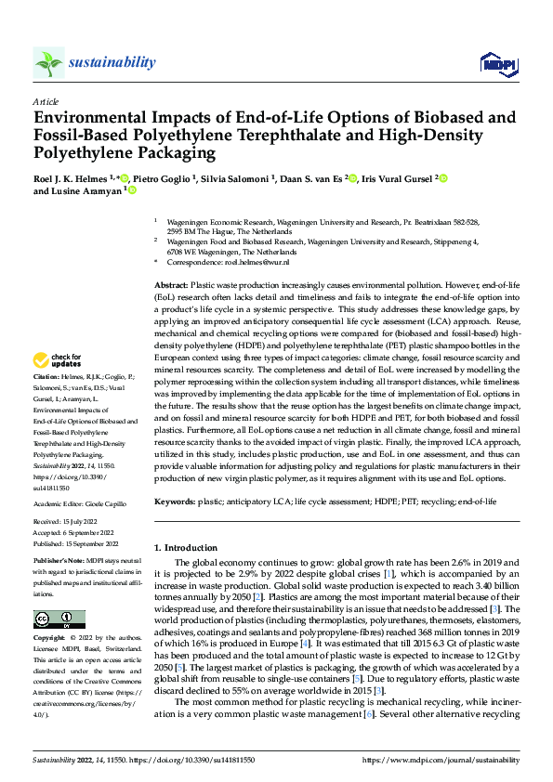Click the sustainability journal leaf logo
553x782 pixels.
(48, 62)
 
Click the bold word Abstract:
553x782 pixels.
(170, 282)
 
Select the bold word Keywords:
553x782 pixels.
(174, 502)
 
